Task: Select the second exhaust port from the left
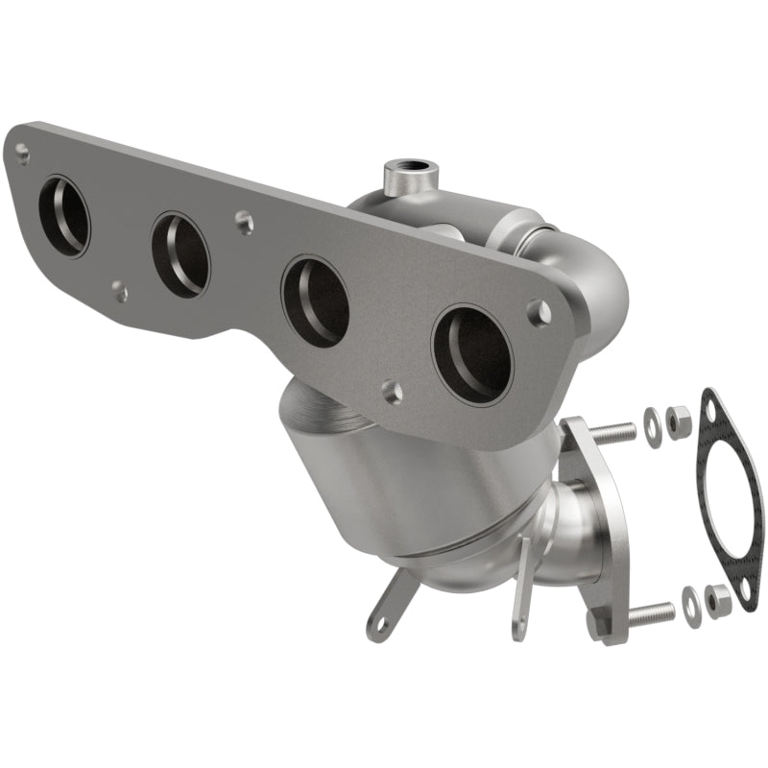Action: [180, 254]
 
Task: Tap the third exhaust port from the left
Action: [315, 302]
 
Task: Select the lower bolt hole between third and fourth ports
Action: [391, 390]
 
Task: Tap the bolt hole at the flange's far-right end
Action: [541, 312]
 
